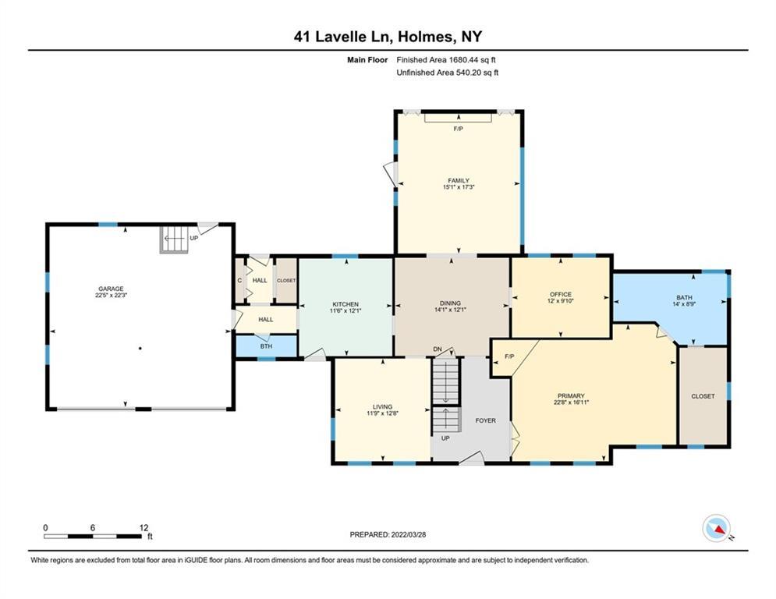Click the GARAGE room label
pos(109,289)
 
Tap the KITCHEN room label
pos(345,304)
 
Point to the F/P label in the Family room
pos(458,129)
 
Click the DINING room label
pos(450,303)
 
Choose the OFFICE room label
pos(561,294)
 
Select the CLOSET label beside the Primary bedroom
pos(703,396)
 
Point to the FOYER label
pos(486,420)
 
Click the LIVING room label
pos(382,406)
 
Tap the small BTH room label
pos(266,346)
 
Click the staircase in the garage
pos(175,239)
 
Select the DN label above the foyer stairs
pos(438,349)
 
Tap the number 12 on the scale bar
pos(144,527)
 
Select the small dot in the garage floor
pos(140,349)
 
